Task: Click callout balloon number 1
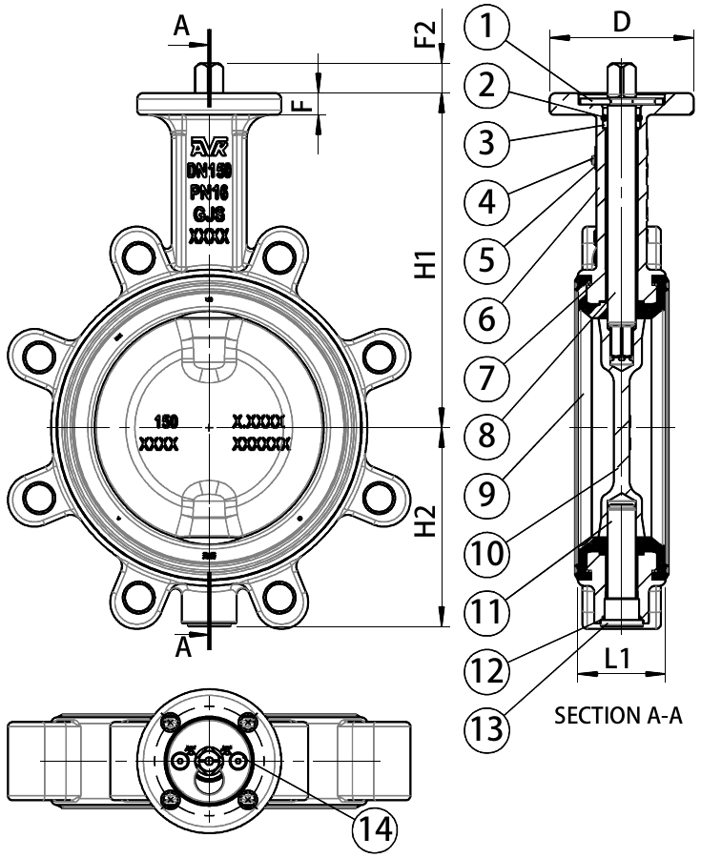pyautogui.click(x=487, y=30)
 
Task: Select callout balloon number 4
pyautogui.click(x=487, y=201)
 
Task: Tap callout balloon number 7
pyautogui.click(x=487, y=375)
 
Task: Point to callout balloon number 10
pyautogui.click(x=487, y=551)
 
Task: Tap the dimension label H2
pyautogui.click(x=426, y=520)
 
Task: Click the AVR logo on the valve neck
pyautogui.click(x=209, y=147)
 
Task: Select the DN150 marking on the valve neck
pyautogui.click(x=209, y=171)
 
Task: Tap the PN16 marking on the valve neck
pyautogui.click(x=209, y=193)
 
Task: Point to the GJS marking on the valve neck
pyautogui.click(x=209, y=214)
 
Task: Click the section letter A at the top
pyautogui.click(x=181, y=30)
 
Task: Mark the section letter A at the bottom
pyautogui.click(x=184, y=648)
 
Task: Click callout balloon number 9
pyautogui.click(x=487, y=494)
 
